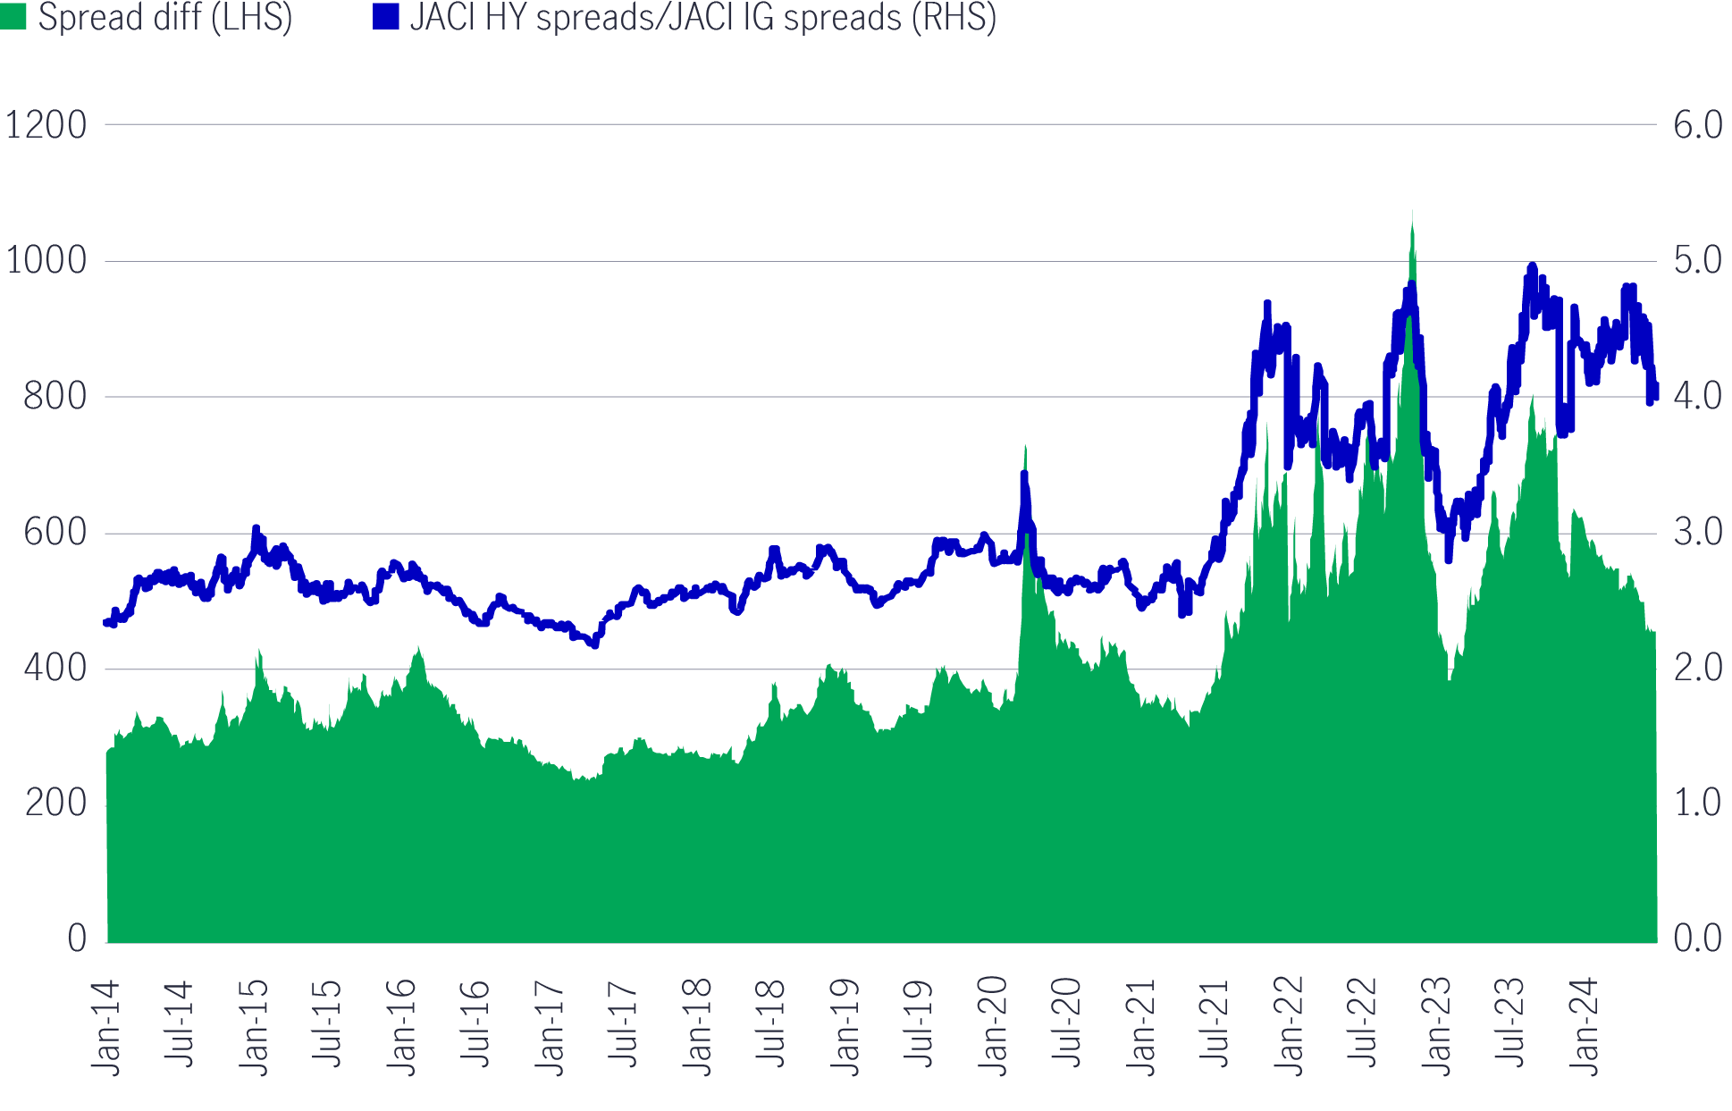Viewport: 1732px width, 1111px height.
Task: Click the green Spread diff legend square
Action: coord(13,17)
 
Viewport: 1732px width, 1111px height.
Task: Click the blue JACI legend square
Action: coord(385,17)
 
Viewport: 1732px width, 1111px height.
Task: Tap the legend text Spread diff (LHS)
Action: coord(165,17)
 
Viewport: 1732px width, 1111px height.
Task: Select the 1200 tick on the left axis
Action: coord(46,125)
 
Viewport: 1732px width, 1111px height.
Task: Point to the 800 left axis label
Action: coord(55,397)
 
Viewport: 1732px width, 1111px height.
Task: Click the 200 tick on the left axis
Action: coord(55,804)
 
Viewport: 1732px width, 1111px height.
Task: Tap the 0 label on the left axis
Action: coord(77,938)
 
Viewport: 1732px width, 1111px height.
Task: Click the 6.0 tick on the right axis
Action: coord(1697,125)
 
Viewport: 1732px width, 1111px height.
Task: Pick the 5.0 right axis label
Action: coord(1697,261)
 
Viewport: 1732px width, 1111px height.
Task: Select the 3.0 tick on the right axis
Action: coord(1697,533)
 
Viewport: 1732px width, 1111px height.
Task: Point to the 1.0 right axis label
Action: coord(1697,804)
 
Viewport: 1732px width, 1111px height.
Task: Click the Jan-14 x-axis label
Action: coord(106,1028)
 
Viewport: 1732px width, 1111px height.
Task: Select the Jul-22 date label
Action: coord(1363,1023)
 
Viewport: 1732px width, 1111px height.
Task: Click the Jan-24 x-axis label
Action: coord(1585,1028)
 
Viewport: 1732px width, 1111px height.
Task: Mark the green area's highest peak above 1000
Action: coord(1412,212)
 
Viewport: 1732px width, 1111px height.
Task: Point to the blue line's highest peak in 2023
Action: coord(1532,266)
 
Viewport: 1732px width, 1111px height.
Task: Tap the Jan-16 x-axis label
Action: coord(402,1028)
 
